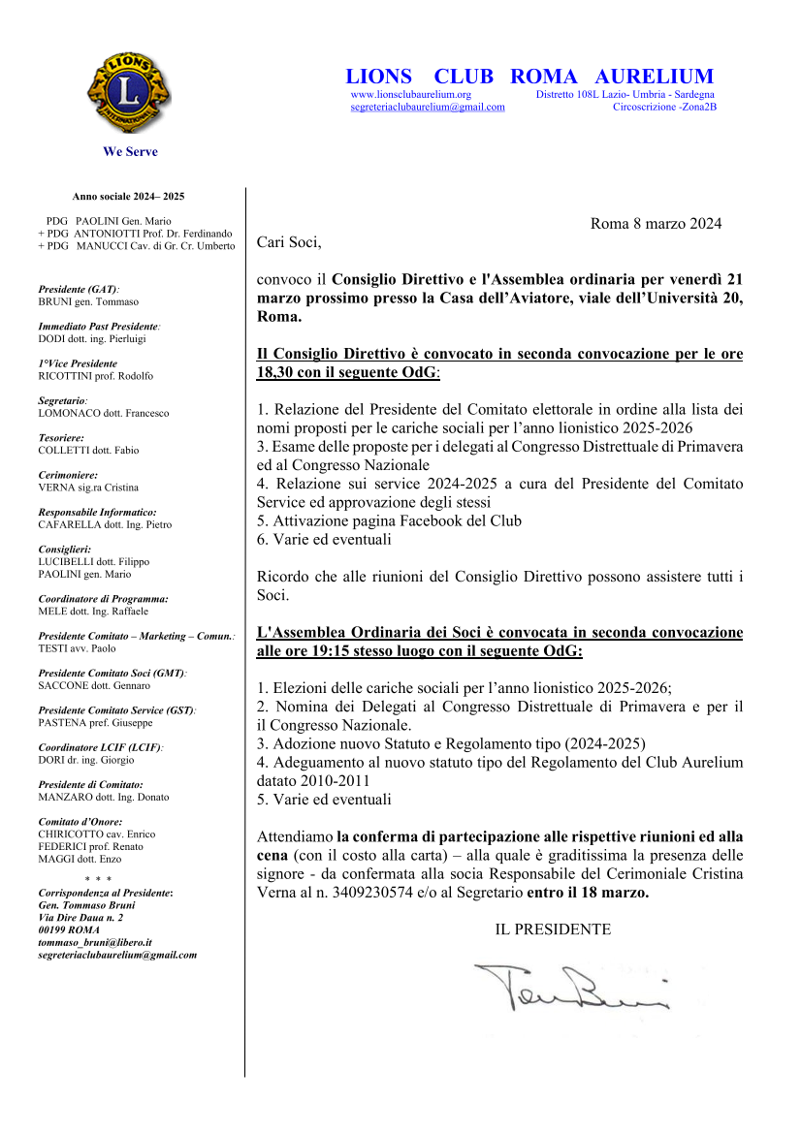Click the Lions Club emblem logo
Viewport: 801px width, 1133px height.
[129, 93]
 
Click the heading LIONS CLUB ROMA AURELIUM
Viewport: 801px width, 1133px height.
[529, 77]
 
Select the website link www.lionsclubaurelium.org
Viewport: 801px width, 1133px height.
[410, 95]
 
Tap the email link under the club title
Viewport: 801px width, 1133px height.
[427, 108]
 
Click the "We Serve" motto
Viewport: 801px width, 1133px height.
[130, 152]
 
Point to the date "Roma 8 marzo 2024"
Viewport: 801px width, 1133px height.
[656, 224]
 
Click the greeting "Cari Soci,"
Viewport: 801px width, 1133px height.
[289, 242]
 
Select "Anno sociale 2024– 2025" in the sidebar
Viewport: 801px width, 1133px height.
[128, 197]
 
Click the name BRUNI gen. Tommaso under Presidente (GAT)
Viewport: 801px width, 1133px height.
[88, 301]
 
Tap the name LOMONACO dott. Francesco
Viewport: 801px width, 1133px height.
[103, 413]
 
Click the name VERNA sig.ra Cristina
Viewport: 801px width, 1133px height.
[88, 488]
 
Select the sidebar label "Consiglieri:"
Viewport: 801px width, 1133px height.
[64, 550]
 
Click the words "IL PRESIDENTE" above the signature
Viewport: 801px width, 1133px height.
[553, 929]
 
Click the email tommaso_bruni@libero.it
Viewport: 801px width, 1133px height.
[95, 942]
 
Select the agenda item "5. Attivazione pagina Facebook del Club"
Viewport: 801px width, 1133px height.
[389, 520]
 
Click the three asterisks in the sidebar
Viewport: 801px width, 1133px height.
[98, 879]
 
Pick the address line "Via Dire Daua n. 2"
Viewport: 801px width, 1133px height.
[80, 917]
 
